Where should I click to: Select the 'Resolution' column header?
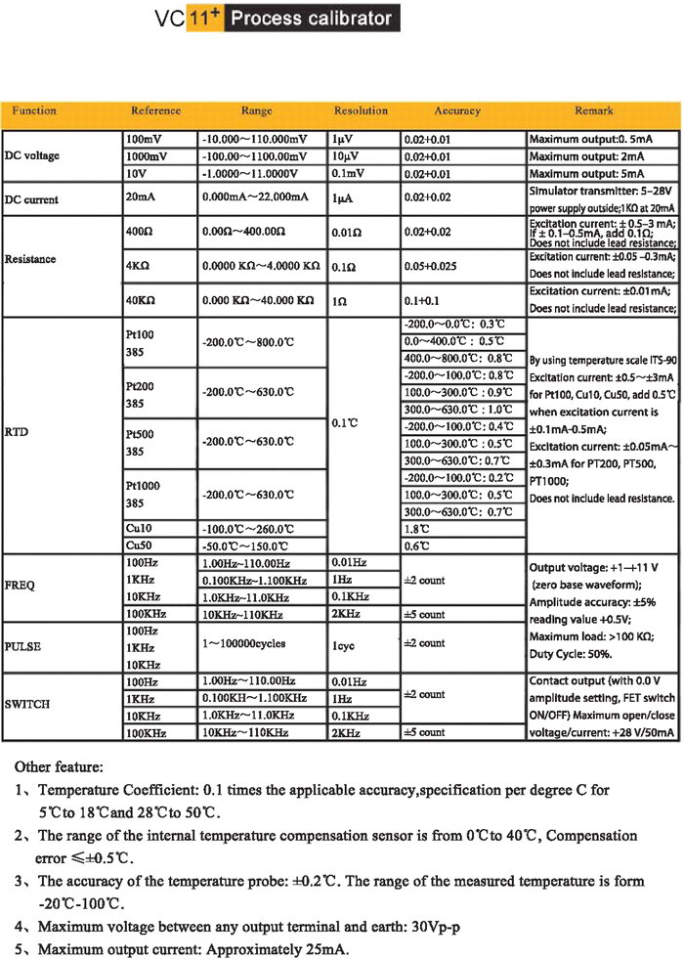click(x=361, y=111)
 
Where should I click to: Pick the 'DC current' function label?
click(x=31, y=199)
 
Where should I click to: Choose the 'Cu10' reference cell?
click(x=138, y=529)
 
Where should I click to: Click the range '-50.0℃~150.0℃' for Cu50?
click(x=245, y=546)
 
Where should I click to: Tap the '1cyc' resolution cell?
click(x=345, y=644)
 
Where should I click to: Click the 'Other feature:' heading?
click(x=59, y=768)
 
